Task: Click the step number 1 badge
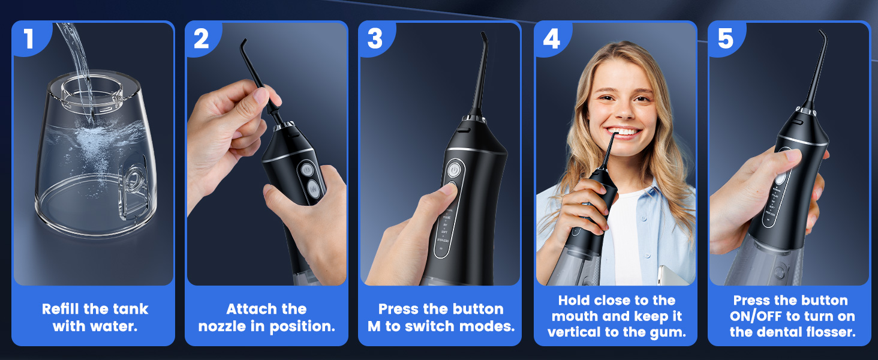coord(29,38)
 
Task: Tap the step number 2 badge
coord(202,38)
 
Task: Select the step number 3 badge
coord(375,38)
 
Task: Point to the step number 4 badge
coord(551,38)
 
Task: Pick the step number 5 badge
coord(725,38)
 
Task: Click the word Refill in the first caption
coord(63,309)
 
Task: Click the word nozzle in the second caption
coord(222,327)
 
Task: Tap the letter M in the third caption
coord(374,327)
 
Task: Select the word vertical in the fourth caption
coord(578,332)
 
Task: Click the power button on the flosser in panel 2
coord(306,170)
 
